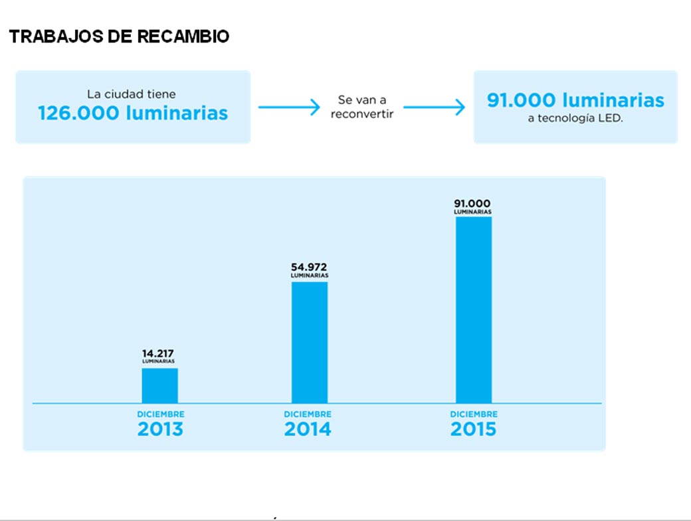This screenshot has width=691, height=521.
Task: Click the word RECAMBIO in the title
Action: coord(183,37)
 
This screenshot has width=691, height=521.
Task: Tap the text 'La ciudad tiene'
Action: coord(132,95)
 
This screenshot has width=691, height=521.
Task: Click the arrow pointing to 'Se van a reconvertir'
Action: coord(288,107)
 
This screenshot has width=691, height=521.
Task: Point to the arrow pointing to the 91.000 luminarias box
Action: coord(434,107)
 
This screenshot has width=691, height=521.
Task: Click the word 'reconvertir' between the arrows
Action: coord(361,114)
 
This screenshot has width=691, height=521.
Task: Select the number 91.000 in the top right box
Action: coord(521,100)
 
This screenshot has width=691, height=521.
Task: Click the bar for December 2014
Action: coord(310,342)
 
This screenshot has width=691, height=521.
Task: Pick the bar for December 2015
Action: coord(473,309)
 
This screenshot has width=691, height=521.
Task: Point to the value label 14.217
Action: coord(158,353)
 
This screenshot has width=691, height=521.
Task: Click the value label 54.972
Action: coord(309,267)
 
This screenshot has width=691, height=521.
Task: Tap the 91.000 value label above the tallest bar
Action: coord(472,203)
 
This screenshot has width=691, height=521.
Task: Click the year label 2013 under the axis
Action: coord(160,429)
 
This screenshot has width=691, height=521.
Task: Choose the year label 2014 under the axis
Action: coord(308,429)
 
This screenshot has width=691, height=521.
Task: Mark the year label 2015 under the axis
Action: coord(473,429)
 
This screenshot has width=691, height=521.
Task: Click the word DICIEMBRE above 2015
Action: coord(473,414)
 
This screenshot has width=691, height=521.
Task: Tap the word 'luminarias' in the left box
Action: coord(176,113)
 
